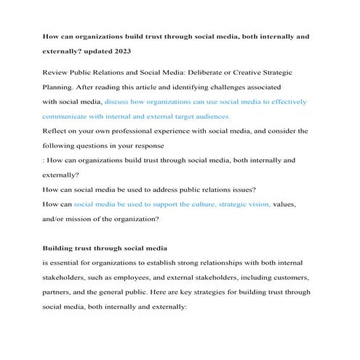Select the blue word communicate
(x=70, y=116)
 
